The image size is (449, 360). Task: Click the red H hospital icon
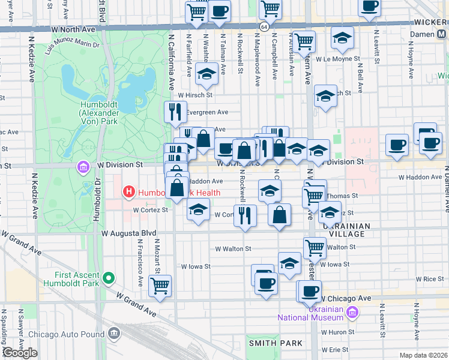pyautogui.click(x=128, y=193)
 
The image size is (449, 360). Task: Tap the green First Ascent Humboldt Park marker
pyautogui.click(x=109, y=278)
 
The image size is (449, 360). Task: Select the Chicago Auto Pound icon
pyautogui.click(x=115, y=334)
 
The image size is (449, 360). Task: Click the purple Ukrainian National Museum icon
pyautogui.click(x=352, y=313)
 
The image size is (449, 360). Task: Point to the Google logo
pyautogui.click(x=19, y=353)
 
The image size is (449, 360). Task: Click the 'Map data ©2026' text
pyautogui.click(x=423, y=355)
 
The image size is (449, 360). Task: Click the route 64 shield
pyautogui.click(x=264, y=27)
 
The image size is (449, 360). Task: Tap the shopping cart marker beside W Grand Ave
pyautogui.click(x=160, y=286)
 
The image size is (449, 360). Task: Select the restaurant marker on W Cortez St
pyautogui.click(x=244, y=215)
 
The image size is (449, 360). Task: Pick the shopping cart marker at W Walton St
pyautogui.click(x=315, y=247)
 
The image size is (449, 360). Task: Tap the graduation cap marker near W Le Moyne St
pyautogui.click(x=342, y=38)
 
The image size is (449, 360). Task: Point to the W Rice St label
pyautogui.click(x=432, y=279)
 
